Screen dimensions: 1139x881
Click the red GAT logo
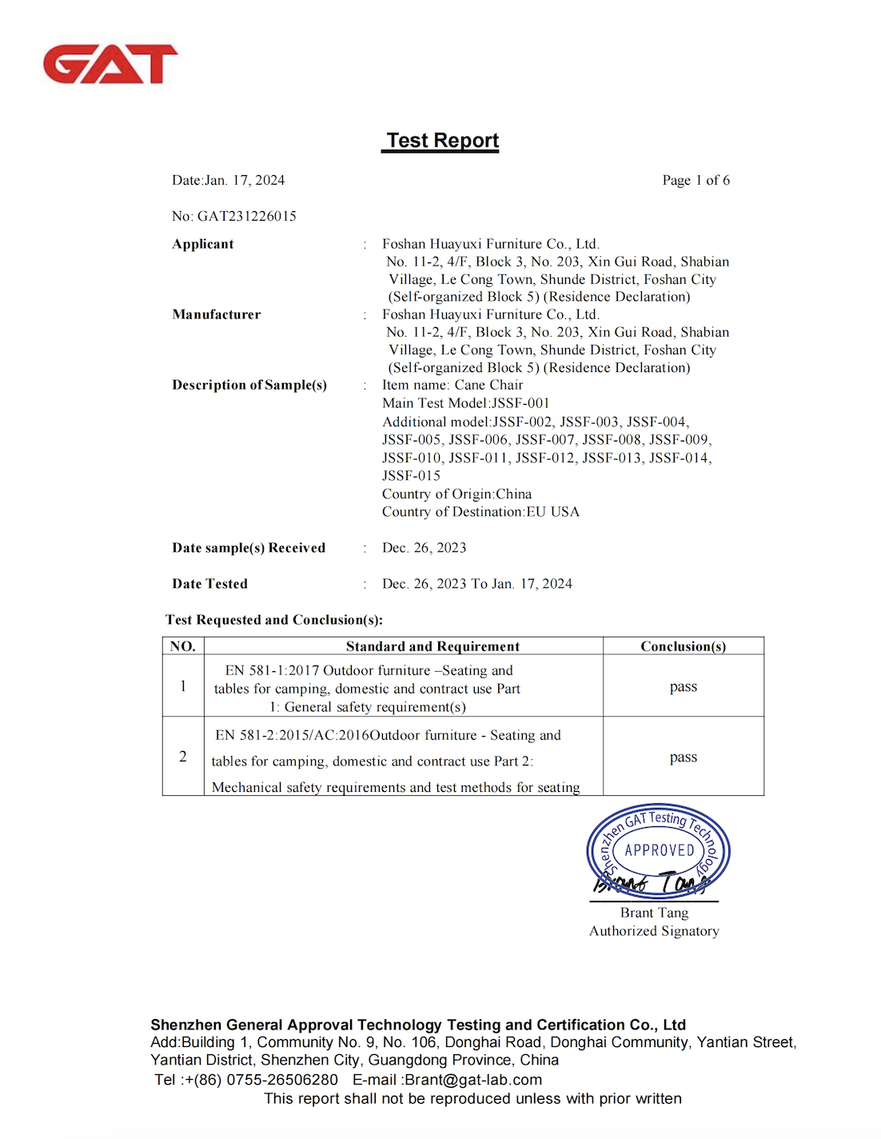coord(110,64)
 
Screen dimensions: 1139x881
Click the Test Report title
coord(442,141)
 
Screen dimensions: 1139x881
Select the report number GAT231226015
coord(246,216)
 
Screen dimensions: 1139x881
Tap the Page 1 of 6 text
coord(696,180)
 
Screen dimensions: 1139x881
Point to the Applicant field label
coord(203,244)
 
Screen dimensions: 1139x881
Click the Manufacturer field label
coord(216,314)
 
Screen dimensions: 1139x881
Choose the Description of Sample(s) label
coord(249,385)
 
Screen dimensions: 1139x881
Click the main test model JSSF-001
coord(520,403)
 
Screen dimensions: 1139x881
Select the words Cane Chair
coord(488,385)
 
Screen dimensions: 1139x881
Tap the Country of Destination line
coord(480,512)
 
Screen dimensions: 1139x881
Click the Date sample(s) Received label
coord(249,548)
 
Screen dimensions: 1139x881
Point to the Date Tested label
coord(209,584)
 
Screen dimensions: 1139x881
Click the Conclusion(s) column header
coord(683,646)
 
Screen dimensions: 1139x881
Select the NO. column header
coord(183,646)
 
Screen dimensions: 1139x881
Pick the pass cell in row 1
coord(683,686)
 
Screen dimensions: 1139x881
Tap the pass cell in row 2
coord(683,757)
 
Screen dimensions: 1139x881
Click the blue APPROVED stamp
coord(659,850)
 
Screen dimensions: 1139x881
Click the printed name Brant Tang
coord(654,913)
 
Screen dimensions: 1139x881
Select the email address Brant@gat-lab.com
coord(472,1080)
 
